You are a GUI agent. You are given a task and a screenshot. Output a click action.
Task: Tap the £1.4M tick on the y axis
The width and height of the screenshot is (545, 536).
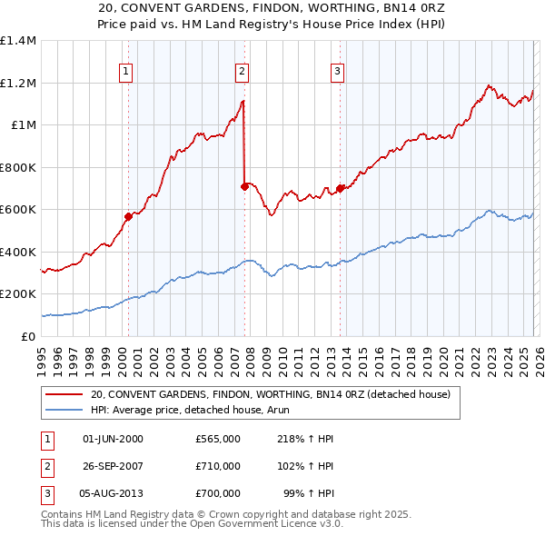click(x=18, y=41)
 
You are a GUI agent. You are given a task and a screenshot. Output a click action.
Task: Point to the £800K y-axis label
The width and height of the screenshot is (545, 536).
click(x=17, y=167)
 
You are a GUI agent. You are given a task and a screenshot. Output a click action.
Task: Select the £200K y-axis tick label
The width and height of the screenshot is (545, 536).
click(x=17, y=294)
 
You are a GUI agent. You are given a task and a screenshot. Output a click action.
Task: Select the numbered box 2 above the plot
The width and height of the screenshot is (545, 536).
click(x=242, y=71)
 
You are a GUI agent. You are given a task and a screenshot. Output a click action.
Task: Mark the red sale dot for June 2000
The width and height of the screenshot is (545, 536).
click(x=128, y=216)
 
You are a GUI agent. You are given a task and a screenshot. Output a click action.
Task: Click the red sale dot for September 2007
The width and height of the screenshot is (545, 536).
click(x=245, y=186)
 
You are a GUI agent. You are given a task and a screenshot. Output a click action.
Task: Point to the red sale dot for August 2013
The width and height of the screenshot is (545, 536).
click(x=340, y=188)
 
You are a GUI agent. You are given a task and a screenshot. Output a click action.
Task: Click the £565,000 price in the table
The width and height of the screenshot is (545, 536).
click(x=217, y=438)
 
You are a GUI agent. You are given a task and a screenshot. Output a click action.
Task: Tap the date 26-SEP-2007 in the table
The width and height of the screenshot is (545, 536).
click(x=113, y=466)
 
